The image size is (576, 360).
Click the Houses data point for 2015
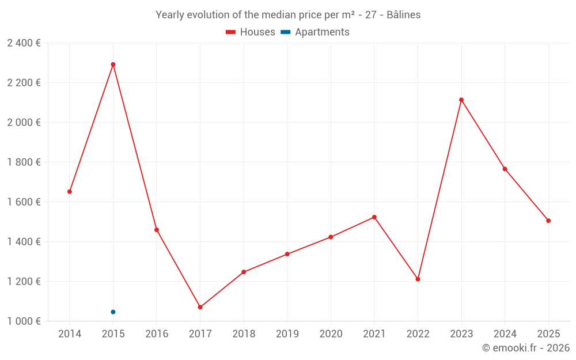[113, 65]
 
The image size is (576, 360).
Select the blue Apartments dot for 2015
[113, 312]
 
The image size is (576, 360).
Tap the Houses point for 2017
[200, 308]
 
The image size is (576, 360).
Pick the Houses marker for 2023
[461, 100]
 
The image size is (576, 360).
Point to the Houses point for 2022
[418, 279]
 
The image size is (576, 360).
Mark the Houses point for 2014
[70, 192]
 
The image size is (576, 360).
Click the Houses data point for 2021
[374, 217]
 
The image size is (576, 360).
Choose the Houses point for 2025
[548, 221]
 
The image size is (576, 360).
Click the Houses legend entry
[251, 32]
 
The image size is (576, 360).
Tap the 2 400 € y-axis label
[24, 43]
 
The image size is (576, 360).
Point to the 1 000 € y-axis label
[24, 321]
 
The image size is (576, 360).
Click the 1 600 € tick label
[24, 202]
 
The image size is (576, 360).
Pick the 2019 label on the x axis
[287, 334]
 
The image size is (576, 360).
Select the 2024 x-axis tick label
[505, 334]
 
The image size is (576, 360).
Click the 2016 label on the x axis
[157, 334]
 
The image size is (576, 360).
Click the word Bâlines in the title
[403, 15]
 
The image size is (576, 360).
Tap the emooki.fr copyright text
[526, 348]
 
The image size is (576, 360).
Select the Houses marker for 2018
[244, 272]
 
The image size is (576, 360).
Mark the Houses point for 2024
[505, 169]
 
